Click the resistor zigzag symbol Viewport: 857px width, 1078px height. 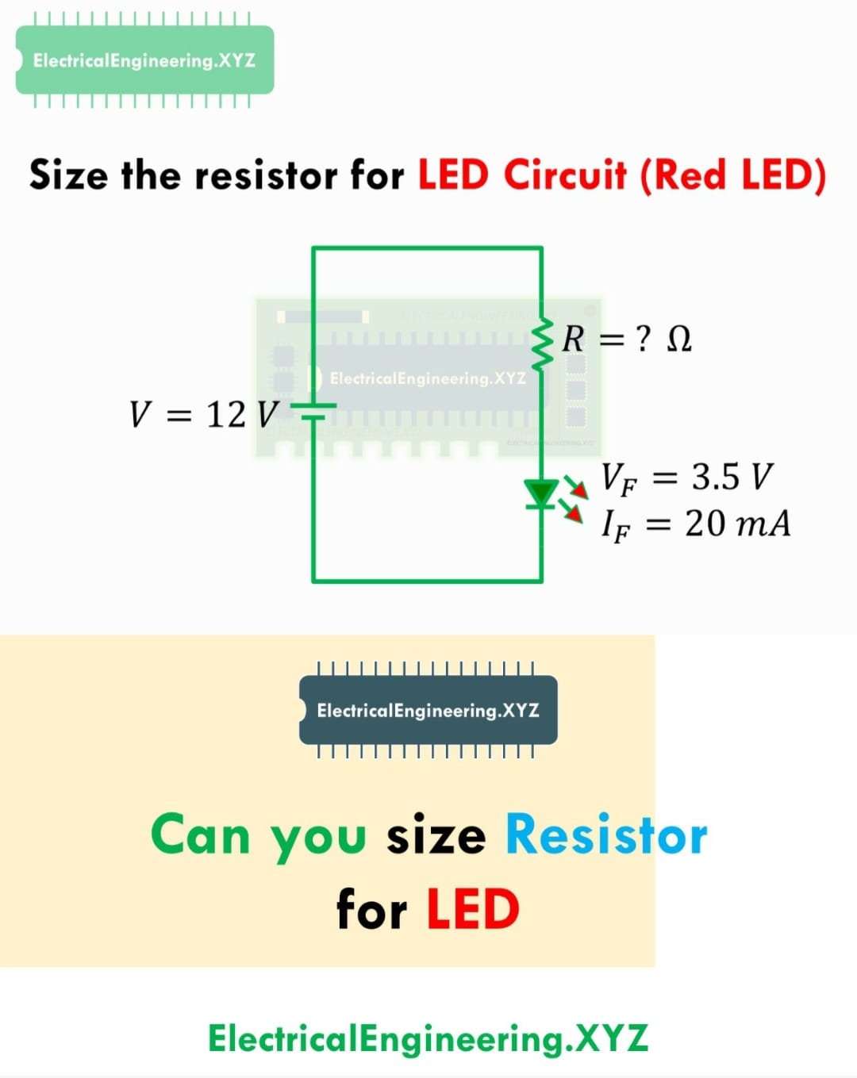tap(541, 343)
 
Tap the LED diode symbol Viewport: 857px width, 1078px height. tap(540, 493)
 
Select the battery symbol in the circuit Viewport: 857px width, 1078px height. tap(313, 411)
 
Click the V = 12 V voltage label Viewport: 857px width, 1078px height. tap(203, 415)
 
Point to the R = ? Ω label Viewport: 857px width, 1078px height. tap(627, 340)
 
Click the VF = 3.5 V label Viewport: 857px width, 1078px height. tap(687, 479)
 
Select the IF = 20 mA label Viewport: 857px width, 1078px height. tap(696, 525)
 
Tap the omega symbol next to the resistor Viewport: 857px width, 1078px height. tap(679, 340)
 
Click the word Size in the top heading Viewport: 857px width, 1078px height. tap(69, 175)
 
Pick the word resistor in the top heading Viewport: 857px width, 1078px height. tap(266, 176)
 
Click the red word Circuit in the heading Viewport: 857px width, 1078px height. tap(565, 175)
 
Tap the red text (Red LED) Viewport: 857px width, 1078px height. tap(733, 176)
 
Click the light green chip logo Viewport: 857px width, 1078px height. tap(145, 60)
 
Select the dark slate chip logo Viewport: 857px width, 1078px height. tap(428, 710)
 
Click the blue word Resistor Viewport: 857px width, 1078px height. tap(606, 834)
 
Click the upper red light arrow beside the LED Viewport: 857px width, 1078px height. tap(576, 487)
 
